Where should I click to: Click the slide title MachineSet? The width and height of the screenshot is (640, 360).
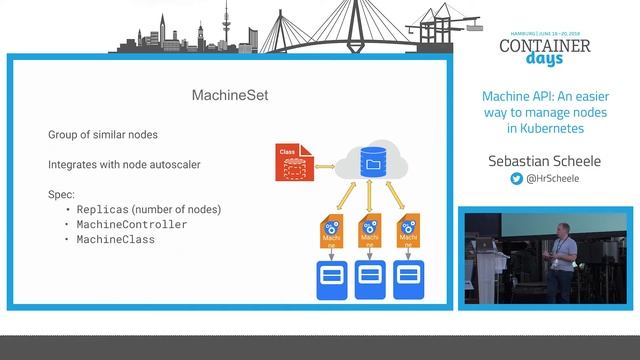231,96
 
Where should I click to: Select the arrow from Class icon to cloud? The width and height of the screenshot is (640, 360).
325,163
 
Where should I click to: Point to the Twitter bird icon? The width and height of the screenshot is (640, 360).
517,178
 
